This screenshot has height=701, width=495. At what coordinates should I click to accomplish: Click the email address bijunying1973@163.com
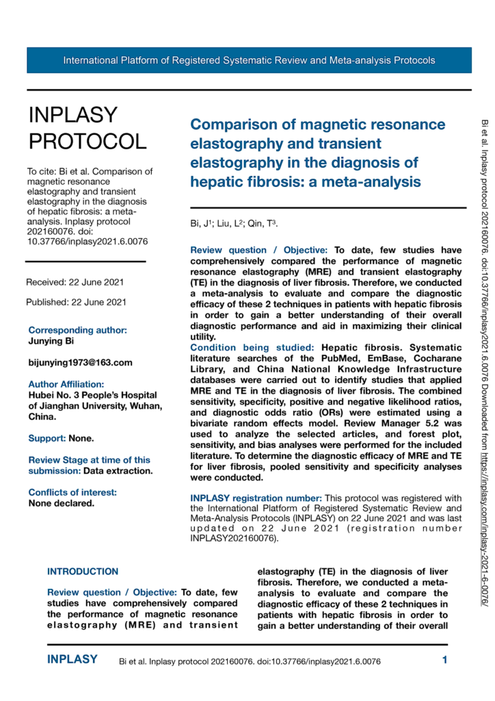point(81,363)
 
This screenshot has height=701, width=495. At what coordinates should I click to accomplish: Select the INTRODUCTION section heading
point(83,572)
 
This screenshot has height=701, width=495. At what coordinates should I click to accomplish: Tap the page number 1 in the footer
point(444,661)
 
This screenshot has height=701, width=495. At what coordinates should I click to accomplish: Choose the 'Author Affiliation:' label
point(66,385)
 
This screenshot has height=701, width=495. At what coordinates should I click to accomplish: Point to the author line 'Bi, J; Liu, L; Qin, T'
point(234,224)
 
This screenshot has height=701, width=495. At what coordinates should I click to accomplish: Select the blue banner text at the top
point(249,60)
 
